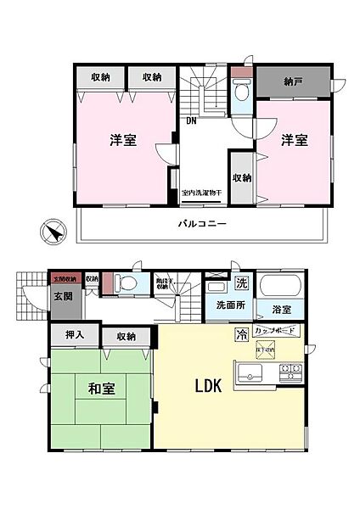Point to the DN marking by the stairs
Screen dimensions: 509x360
point(194,120)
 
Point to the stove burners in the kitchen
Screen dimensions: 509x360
point(292,369)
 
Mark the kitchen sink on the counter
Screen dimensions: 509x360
point(254,370)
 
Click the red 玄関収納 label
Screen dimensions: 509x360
point(65,278)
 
